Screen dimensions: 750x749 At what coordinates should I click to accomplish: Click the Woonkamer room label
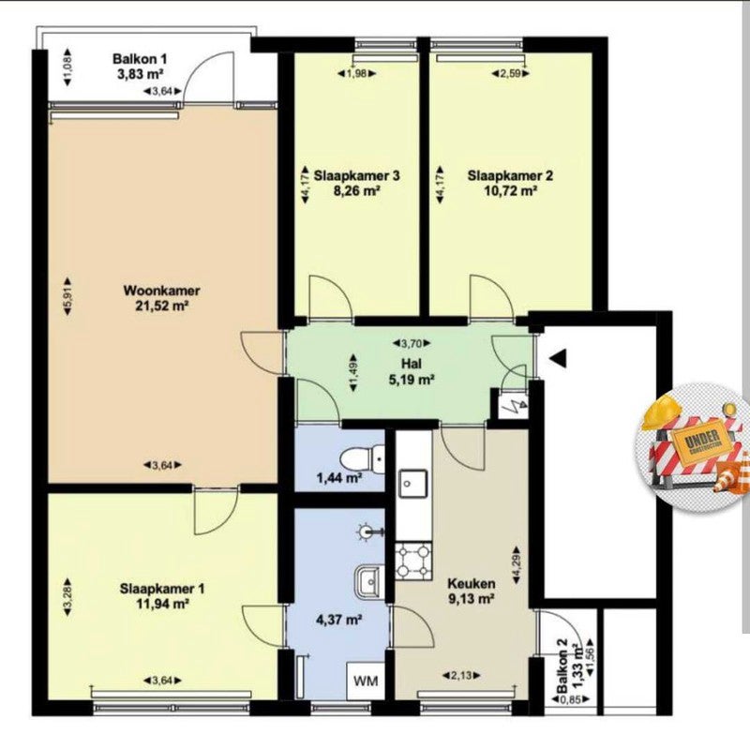pyautogui.click(x=161, y=291)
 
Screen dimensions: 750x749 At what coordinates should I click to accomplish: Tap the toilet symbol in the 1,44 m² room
pyautogui.click(x=362, y=458)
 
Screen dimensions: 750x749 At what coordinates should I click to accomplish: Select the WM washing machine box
pyautogui.click(x=366, y=681)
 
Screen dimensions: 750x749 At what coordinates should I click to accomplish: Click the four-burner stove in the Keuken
pyautogui.click(x=413, y=560)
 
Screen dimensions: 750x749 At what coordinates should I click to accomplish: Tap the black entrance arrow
pyautogui.click(x=558, y=358)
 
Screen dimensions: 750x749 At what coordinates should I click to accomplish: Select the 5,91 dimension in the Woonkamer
pyautogui.click(x=67, y=296)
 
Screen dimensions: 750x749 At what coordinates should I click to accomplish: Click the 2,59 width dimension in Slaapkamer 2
pyautogui.click(x=511, y=74)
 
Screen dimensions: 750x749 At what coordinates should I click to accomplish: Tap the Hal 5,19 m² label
pyautogui.click(x=412, y=371)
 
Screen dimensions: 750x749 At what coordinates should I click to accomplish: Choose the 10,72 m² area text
pyautogui.click(x=510, y=191)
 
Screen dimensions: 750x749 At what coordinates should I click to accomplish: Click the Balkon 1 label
pyautogui.click(x=140, y=59)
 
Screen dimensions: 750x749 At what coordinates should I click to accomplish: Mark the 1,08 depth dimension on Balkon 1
pyautogui.click(x=67, y=67)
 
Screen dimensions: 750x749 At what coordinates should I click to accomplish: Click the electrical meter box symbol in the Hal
pyautogui.click(x=513, y=406)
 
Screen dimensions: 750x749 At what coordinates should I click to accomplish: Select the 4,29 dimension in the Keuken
pyautogui.click(x=517, y=565)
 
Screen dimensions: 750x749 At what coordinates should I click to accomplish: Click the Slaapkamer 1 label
pyautogui.click(x=162, y=589)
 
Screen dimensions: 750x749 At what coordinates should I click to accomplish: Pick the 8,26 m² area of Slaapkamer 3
pyautogui.click(x=357, y=191)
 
